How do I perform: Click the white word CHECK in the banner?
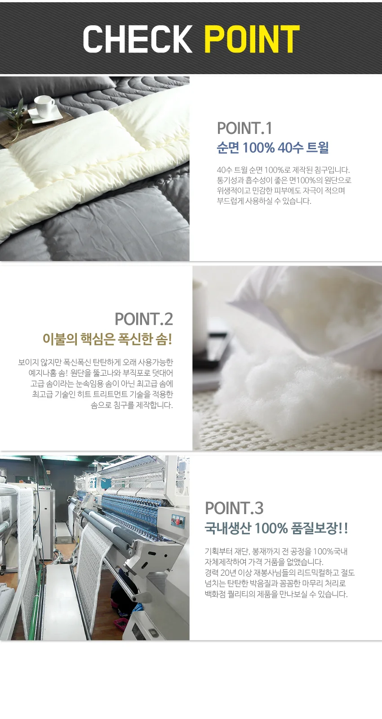[137, 39]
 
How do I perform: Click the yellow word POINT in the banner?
[252, 39]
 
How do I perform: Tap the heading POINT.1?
[244, 128]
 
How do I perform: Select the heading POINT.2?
[144, 319]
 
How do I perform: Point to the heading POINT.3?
[234, 508]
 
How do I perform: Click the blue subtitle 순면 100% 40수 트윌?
[272, 148]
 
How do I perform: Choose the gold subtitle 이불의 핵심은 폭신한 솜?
[107, 339]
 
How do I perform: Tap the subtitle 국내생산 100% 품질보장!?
[276, 528]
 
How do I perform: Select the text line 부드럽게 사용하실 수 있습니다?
[264, 202]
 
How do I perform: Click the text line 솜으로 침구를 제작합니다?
[132, 405]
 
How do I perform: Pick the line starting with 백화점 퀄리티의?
[276, 594]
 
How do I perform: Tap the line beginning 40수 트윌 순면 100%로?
[283, 170]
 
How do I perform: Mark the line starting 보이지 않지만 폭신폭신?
[96, 362]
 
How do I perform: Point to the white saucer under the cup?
[45, 114]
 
